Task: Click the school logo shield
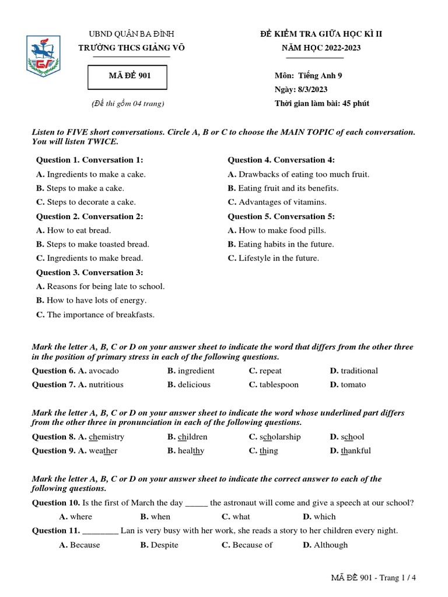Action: click(43, 56)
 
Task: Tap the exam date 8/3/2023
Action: click(313, 89)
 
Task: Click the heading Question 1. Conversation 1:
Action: click(89, 160)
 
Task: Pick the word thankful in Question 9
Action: click(355, 451)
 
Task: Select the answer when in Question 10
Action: click(160, 517)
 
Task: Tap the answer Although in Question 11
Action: click(330, 545)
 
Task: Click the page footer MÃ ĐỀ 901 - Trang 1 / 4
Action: click(374, 578)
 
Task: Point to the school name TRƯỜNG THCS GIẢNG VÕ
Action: click(131, 48)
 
